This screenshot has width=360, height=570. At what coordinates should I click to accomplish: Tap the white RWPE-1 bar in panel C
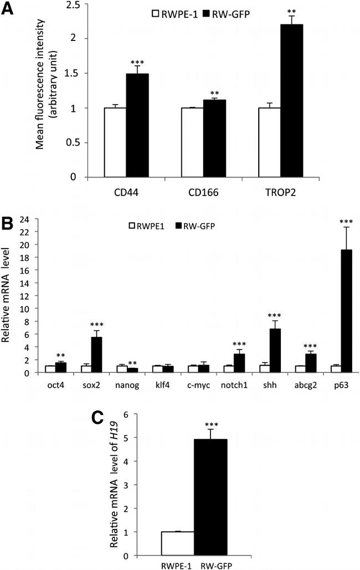178,543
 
